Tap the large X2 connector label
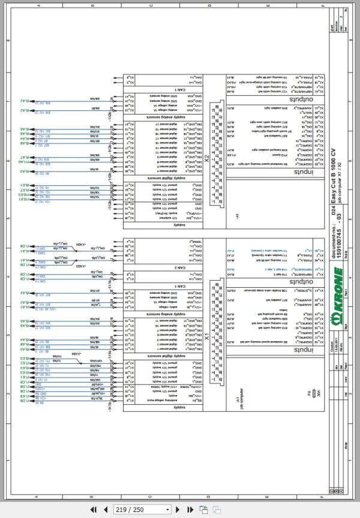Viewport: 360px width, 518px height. [x=206, y=158]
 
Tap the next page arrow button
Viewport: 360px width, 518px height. [x=179, y=509]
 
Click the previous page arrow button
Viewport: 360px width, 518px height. [x=105, y=509]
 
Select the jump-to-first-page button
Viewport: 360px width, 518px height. [x=94, y=509]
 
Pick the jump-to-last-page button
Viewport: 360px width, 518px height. [x=190, y=509]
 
